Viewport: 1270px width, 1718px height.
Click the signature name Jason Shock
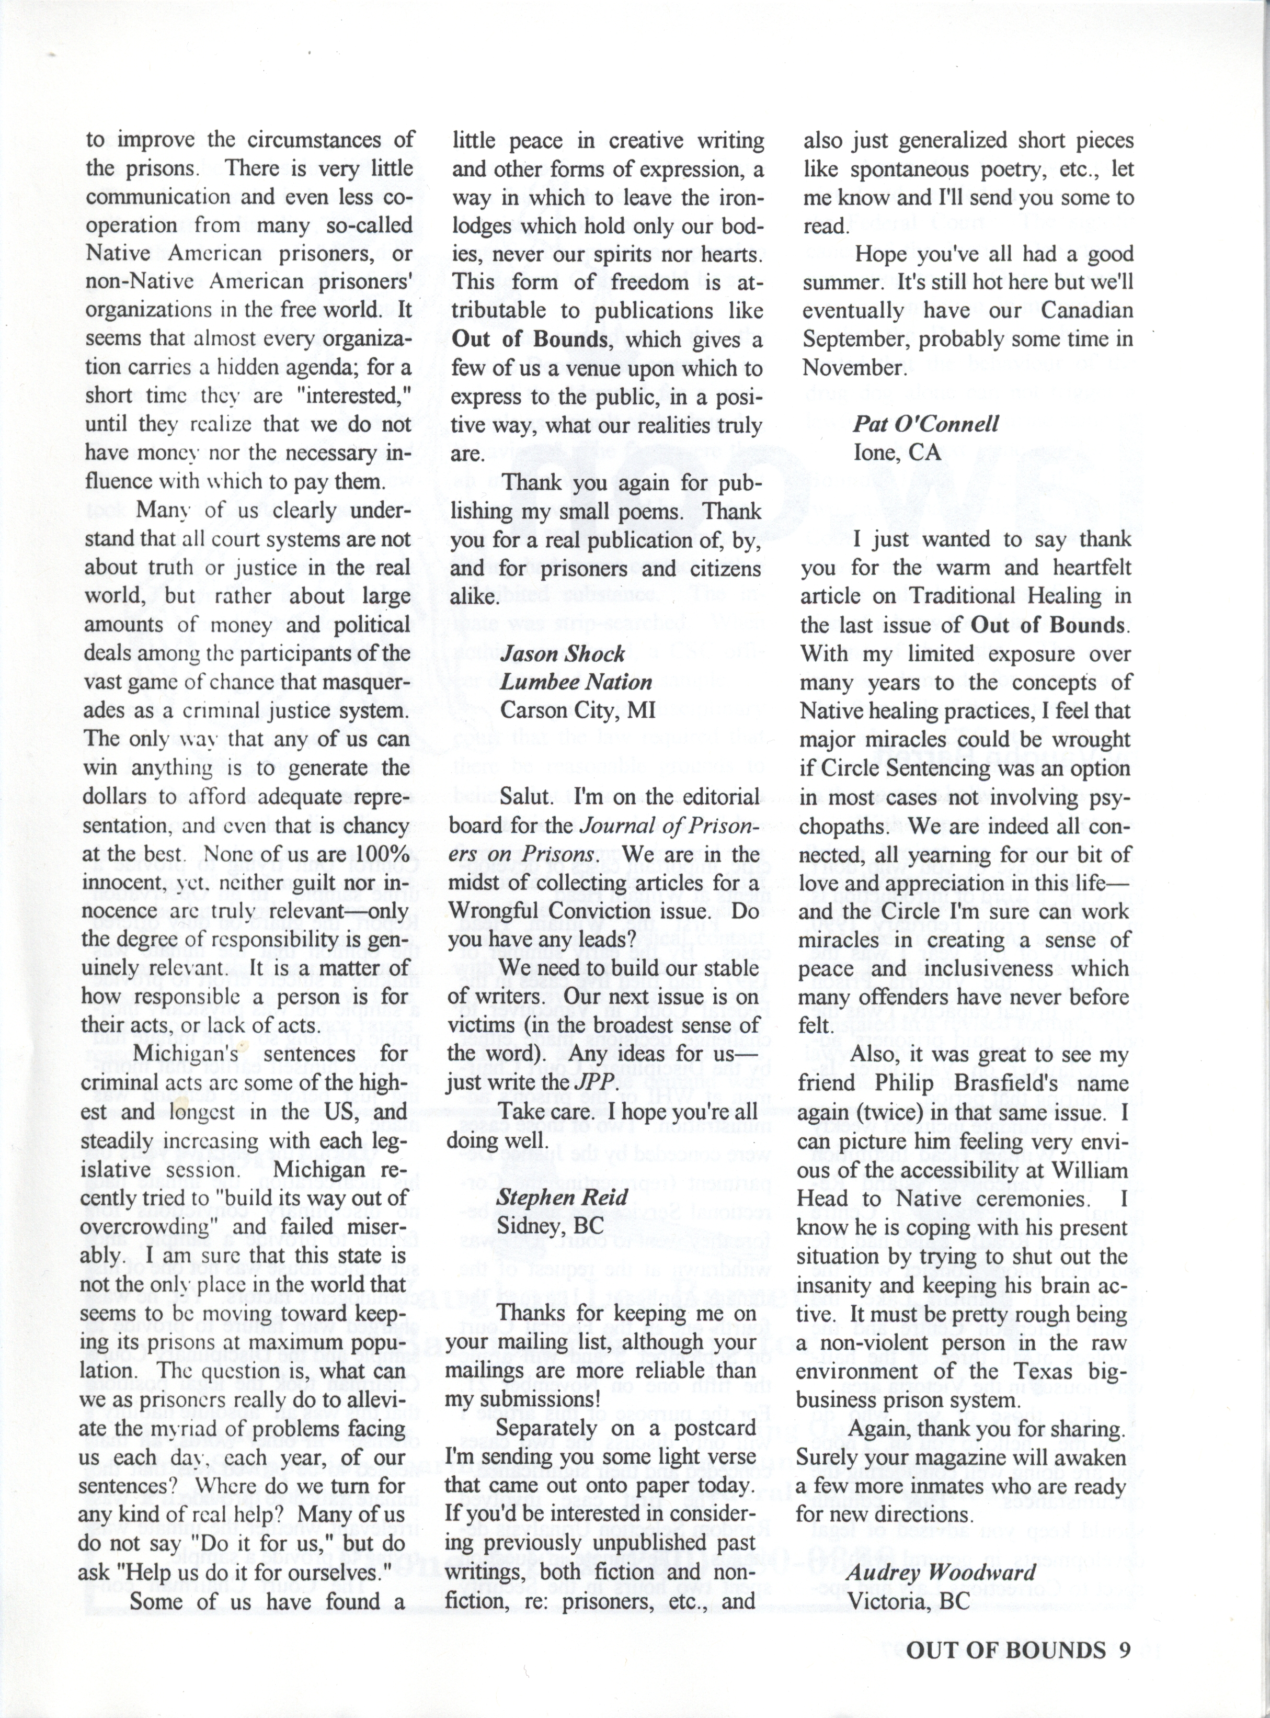(562, 654)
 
